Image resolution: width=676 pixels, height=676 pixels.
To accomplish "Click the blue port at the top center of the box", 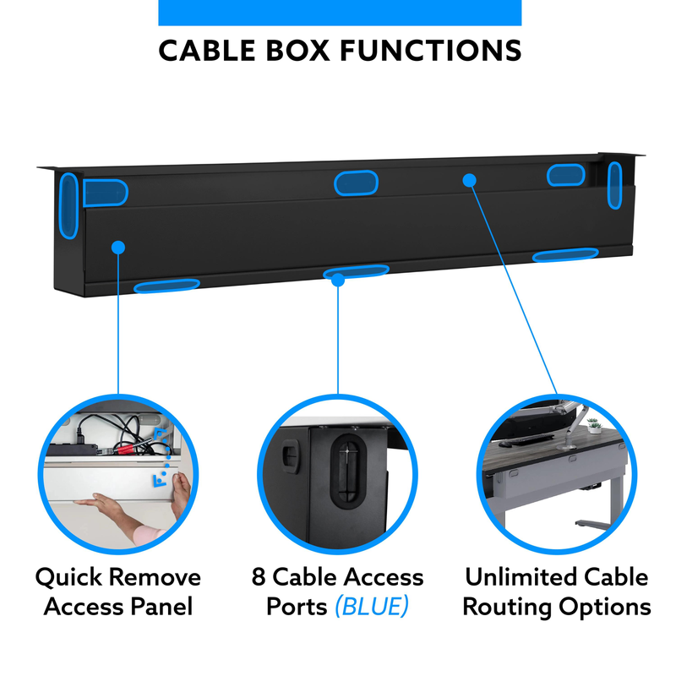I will point(355,183).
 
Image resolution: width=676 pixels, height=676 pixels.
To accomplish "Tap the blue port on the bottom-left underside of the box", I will point(166,286).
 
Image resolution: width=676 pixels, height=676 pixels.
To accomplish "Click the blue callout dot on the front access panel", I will point(118,247).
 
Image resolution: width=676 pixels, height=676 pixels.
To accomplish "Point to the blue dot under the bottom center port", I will point(338,279).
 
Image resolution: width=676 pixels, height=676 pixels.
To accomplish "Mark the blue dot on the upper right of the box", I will point(470,179).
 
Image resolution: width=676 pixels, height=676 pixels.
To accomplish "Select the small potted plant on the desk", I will point(594,425).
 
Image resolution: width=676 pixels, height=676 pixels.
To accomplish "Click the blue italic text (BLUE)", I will point(371,607).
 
